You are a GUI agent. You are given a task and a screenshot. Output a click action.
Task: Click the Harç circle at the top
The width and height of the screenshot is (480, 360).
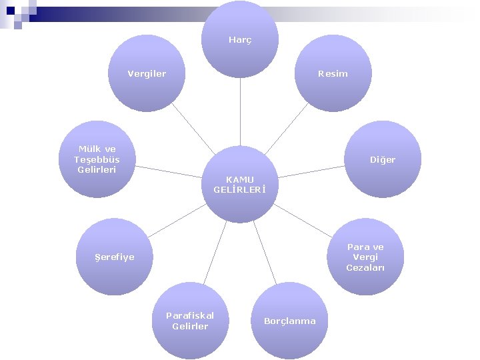(240, 40)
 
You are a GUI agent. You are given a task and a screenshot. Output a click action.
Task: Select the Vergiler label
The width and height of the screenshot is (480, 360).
(147, 73)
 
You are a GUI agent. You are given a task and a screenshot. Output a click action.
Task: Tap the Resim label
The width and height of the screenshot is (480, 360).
(333, 73)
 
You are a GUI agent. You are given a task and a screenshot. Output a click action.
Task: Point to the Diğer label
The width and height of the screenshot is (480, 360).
(383, 160)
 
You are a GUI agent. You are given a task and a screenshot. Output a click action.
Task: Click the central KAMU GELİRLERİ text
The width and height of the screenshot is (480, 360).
(240, 184)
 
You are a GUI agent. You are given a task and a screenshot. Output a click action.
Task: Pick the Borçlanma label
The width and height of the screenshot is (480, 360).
(290, 321)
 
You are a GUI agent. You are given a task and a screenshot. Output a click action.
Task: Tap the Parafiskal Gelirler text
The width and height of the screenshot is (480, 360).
(190, 321)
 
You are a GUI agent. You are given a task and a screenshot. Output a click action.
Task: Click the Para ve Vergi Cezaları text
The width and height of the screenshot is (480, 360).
(365, 257)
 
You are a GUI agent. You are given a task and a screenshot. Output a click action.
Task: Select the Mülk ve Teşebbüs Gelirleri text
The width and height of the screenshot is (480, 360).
(97, 159)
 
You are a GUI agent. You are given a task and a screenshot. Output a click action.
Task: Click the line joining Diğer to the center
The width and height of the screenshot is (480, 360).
(313, 170)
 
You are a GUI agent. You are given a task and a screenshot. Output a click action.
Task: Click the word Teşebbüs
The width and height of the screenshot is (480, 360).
(97, 160)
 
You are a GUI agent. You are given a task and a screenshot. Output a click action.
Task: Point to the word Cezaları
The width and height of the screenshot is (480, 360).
(365, 268)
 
